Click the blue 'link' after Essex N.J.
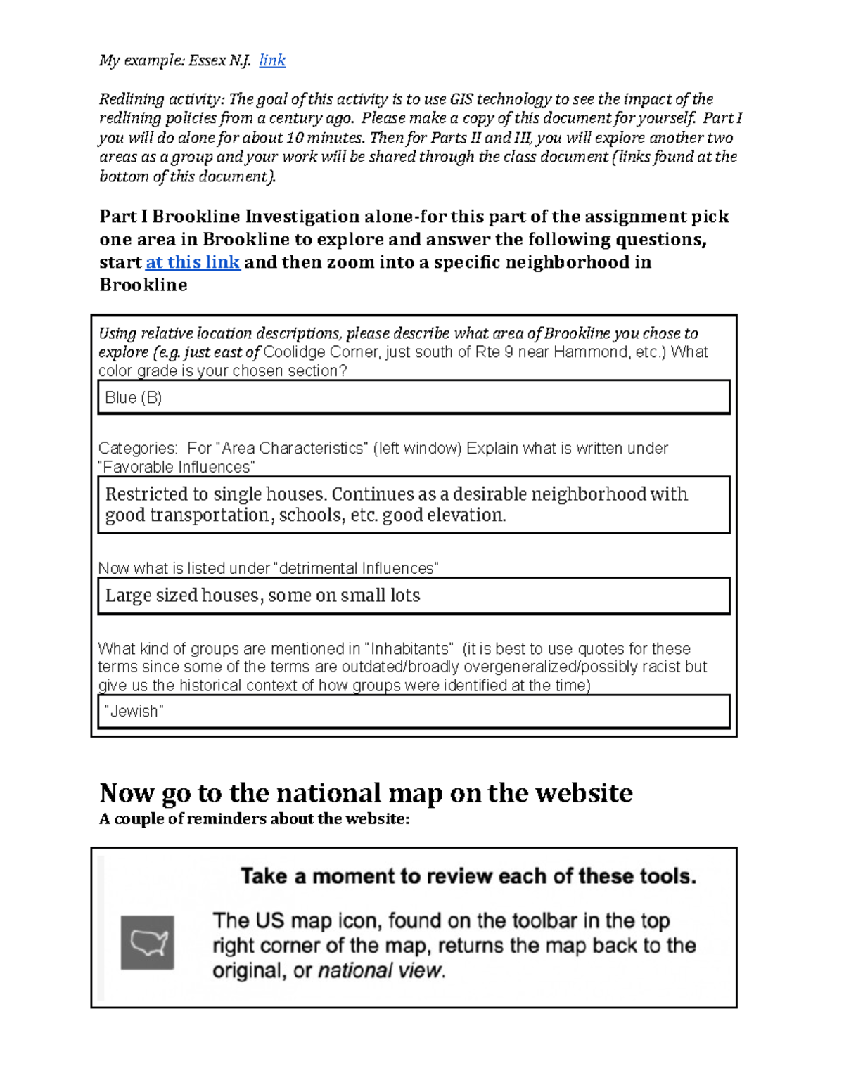point(272,60)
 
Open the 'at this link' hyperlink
point(193,262)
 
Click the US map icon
point(147,942)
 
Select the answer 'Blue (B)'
point(134,398)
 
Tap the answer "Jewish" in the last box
point(134,712)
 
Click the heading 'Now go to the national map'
point(366,793)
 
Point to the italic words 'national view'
point(380,971)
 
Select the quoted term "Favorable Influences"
point(176,468)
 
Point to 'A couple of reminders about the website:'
point(254,819)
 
